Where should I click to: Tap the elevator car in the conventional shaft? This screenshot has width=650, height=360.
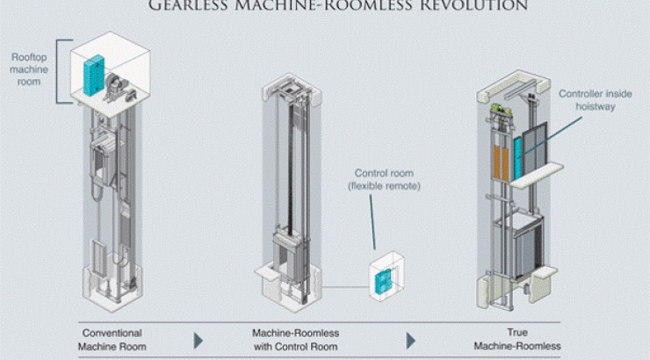pos(103,158)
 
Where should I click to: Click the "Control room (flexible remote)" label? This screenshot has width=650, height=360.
pos(385,179)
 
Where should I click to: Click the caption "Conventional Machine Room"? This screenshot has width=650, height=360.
pos(112,340)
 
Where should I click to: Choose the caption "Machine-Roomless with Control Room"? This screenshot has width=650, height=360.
pos(295,340)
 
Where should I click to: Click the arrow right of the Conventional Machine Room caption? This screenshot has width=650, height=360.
pos(199,340)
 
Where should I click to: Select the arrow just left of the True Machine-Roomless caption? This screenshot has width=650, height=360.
pos(410,340)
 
